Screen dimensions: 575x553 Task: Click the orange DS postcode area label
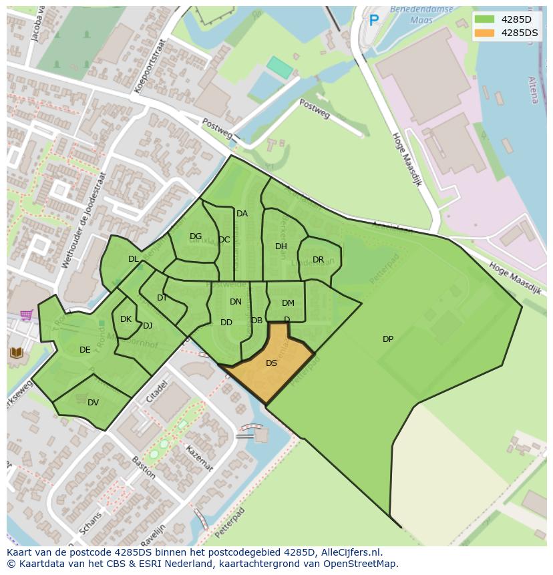point(271,363)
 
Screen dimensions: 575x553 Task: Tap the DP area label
point(388,339)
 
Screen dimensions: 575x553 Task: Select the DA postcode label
point(242,214)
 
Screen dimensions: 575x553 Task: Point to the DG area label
point(196,236)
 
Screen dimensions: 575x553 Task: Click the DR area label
point(318,260)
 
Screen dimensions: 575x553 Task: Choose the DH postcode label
point(281,246)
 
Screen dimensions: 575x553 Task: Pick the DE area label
point(85,350)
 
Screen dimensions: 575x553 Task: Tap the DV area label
point(93,402)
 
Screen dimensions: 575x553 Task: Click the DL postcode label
point(133,259)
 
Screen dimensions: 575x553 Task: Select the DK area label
point(126,319)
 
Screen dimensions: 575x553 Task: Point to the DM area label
point(288,303)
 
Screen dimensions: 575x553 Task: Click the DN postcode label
point(236,302)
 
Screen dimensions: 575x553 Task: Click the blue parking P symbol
point(374,21)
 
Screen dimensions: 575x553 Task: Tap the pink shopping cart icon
point(26,315)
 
